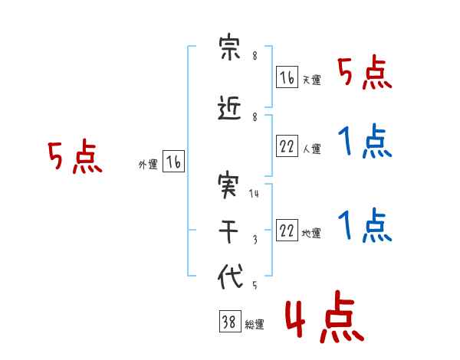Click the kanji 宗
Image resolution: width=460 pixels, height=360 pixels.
tap(230, 46)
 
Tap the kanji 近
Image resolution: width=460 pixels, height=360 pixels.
tap(229, 108)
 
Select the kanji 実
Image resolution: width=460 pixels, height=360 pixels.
tap(228, 185)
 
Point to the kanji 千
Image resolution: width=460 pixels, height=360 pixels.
tap(228, 231)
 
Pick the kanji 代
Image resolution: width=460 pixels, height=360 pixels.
tap(230, 277)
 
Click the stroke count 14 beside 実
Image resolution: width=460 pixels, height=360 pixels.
tap(254, 193)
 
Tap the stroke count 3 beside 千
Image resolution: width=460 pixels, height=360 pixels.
tap(255, 240)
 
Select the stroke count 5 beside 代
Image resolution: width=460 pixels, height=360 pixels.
tap(255, 285)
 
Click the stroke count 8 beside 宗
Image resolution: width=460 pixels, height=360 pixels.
tap(255, 55)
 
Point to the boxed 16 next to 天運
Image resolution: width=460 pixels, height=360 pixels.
tap(287, 77)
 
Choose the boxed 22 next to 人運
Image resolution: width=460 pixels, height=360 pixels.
tap(287, 146)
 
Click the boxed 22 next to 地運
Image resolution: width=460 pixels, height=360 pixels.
tap(287, 230)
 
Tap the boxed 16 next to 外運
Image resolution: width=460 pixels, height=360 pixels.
tap(174, 162)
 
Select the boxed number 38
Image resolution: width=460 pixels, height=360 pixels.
tap(230, 321)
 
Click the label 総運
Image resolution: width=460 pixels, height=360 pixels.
tap(255, 325)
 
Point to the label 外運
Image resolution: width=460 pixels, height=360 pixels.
tap(148, 165)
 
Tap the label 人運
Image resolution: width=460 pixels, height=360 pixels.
tap(312, 149)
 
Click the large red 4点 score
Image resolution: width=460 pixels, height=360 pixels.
tap(325, 316)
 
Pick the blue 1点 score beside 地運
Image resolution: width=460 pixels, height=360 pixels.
tap(365, 225)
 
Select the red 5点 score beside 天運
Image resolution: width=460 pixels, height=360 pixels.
tap(365, 72)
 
